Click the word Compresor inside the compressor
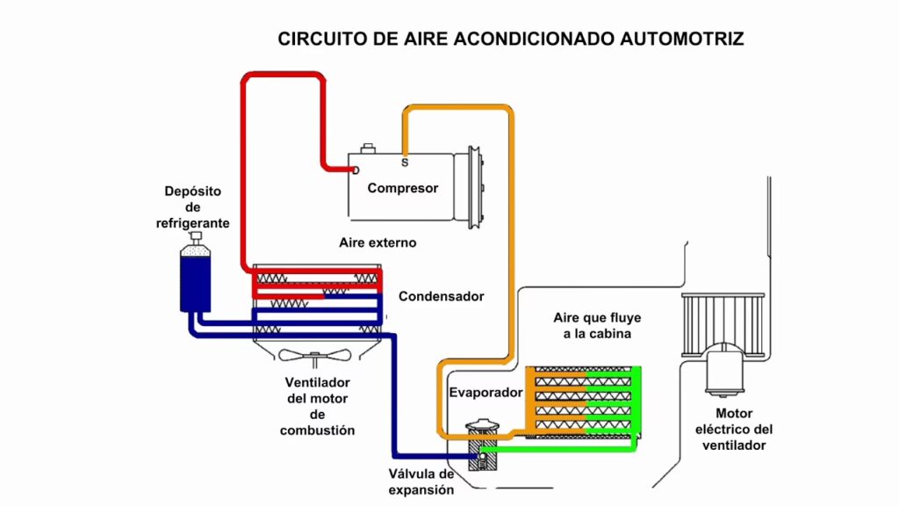point(402,188)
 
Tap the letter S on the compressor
point(405,163)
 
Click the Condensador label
point(441,297)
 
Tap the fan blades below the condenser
point(316,356)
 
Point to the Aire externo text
point(378,242)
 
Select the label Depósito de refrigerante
point(193,207)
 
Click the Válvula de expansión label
point(422,482)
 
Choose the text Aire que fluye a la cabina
point(592,325)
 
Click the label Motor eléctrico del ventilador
point(734,429)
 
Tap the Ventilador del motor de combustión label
point(318,407)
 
